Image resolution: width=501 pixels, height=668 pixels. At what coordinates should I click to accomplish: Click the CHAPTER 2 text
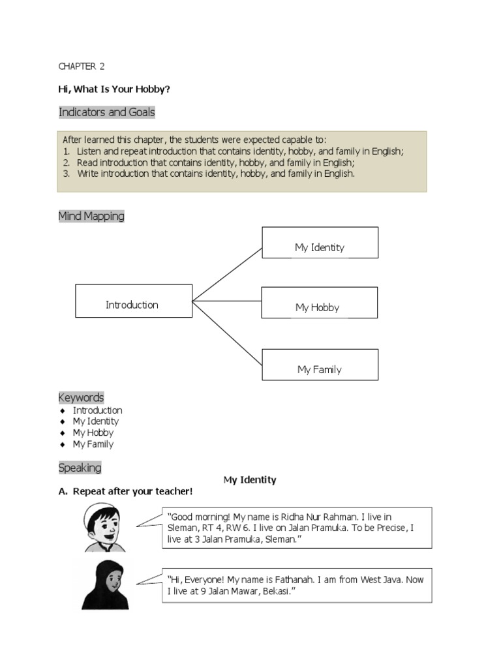click(82, 67)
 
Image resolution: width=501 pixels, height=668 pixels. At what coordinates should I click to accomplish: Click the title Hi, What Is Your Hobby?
click(119, 89)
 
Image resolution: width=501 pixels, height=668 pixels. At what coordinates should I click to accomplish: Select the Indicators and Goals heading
click(107, 112)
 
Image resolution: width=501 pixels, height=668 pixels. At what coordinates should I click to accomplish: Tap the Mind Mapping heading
click(91, 216)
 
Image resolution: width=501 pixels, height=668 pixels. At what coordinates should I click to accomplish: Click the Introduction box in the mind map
click(133, 301)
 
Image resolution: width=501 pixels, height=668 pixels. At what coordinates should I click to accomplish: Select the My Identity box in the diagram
click(320, 243)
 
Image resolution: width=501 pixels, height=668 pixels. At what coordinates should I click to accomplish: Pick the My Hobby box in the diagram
click(319, 303)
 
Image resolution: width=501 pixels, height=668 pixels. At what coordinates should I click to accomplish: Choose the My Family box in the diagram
click(320, 365)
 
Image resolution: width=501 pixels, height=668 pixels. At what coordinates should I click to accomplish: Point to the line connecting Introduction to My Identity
click(227, 274)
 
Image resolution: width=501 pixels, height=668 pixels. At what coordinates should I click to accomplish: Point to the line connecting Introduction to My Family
click(227, 333)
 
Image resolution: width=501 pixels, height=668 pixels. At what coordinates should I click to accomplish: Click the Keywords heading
click(81, 397)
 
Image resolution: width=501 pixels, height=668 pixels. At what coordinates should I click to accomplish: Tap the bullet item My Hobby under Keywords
click(93, 433)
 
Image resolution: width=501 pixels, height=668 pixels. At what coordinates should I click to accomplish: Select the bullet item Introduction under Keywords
click(97, 410)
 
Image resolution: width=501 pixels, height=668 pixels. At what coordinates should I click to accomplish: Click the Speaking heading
click(80, 468)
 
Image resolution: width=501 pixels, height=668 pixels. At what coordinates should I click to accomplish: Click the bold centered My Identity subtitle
click(250, 480)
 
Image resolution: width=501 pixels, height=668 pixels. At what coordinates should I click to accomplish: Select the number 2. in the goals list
click(67, 162)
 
